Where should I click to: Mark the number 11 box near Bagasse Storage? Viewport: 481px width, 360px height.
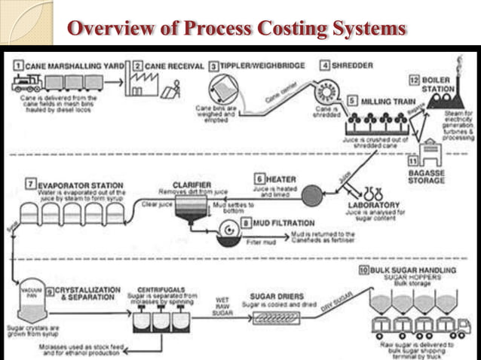click(412, 160)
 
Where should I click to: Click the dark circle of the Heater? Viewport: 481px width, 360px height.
click(311, 197)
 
